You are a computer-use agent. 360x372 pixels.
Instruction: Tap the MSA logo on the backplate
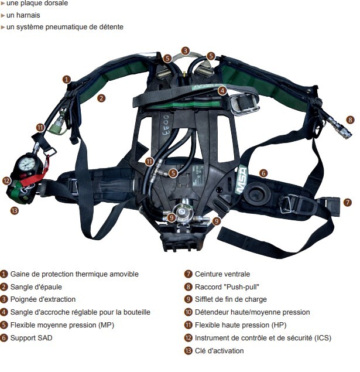tap(242, 181)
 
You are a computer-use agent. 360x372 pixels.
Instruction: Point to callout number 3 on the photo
tap(186, 51)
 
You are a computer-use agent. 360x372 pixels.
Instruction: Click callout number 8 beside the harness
tap(350, 120)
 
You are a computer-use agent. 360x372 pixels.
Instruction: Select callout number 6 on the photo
tap(263, 173)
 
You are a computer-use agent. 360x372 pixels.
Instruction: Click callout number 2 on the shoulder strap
tap(101, 98)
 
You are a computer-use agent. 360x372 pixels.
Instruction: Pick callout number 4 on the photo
tap(222, 90)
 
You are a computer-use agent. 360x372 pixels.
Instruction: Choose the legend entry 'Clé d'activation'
tap(219, 351)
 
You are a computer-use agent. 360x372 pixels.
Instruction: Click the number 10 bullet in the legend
tap(188, 312)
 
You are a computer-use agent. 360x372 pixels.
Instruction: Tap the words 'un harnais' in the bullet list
tap(23, 15)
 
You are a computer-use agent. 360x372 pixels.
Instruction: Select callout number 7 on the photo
tap(348, 203)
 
